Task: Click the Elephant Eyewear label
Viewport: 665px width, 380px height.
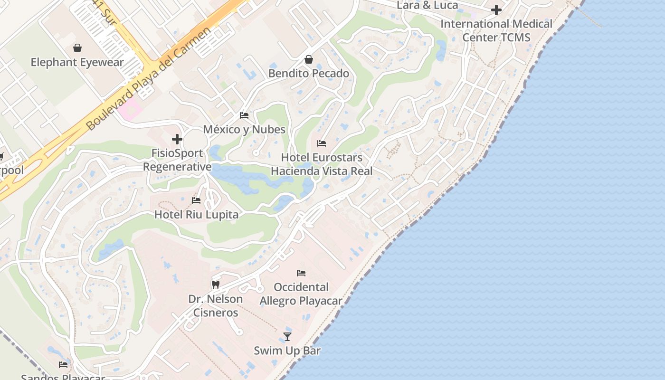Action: tap(77, 62)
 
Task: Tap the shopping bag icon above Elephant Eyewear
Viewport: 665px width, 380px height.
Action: tap(77, 48)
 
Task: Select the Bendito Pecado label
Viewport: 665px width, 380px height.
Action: tap(309, 74)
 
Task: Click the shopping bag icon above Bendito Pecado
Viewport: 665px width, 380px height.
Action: tap(309, 59)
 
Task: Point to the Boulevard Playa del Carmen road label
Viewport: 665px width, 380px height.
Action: tap(148, 79)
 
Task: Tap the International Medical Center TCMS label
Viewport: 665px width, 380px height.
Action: tap(496, 30)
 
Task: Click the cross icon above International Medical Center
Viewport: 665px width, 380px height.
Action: tap(496, 9)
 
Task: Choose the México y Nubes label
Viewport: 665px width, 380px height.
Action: tap(244, 129)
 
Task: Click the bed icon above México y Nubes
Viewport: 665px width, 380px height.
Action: tap(244, 115)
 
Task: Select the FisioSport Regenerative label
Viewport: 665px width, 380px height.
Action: tap(177, 160)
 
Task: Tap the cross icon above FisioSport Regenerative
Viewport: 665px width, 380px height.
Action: tap(177, 139)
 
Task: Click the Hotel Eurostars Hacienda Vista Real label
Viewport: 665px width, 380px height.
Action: tap(322, 164)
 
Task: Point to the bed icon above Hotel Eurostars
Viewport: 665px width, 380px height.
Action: tap(322, 143)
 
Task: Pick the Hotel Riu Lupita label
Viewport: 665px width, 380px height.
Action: tap(196, 215)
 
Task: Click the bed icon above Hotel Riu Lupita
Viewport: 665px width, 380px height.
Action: tap(196, 200)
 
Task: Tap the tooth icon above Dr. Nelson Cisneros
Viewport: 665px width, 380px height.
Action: tap(216, 285)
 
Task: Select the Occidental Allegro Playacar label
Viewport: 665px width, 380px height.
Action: tap(301, 294)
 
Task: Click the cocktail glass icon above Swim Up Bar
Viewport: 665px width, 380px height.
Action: tap(287, 337)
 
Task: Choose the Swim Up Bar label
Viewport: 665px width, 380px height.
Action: tap(287, 351)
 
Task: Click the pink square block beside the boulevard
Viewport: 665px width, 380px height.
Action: tap(130, 109)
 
